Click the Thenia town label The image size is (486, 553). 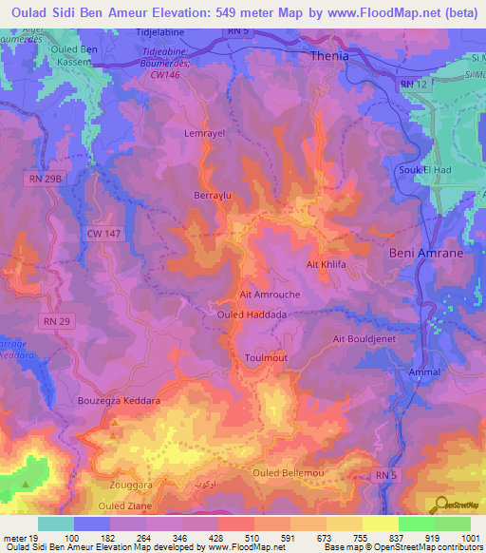[x=330, y=56]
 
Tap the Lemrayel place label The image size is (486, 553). [x=202, y=134]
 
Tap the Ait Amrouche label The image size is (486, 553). [x=271, y=295]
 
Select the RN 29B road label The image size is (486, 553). [x=43, y=178]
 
